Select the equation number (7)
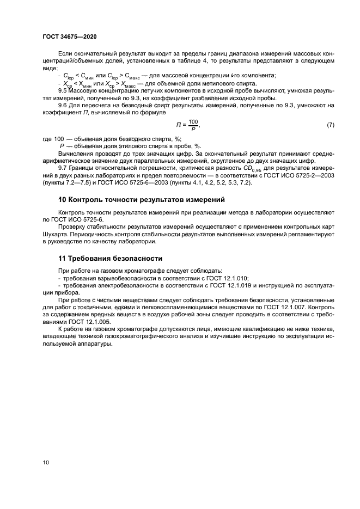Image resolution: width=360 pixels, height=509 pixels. [x=330, y=125]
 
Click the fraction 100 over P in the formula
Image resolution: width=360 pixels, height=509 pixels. [x=194, y=125]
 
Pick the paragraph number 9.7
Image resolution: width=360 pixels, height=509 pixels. [x=63, y=168]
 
